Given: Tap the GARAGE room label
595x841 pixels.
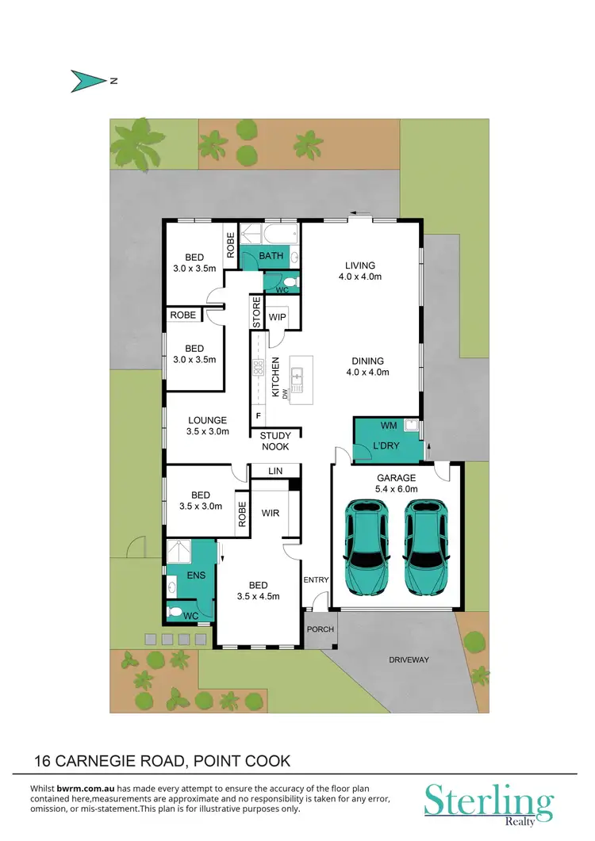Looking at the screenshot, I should (396, 478).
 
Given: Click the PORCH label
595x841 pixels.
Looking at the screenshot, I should (321, 629).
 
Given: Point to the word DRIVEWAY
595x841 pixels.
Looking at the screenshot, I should (409, 659).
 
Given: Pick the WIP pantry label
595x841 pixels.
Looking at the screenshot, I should (278, 318).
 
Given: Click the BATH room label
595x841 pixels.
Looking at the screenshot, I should (271, 256).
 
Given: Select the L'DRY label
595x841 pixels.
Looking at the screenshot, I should (386, 446).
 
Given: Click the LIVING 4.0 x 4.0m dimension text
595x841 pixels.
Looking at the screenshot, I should (360, 277).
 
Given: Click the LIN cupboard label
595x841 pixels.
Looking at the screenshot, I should (275, 472).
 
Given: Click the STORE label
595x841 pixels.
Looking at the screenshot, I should (257, 312).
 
